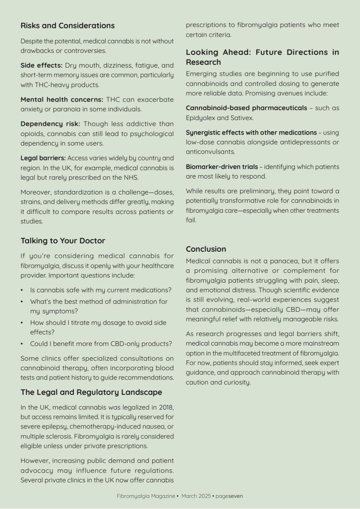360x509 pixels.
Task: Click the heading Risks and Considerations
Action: pos(68,26)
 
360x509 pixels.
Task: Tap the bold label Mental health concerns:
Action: pos(62,99)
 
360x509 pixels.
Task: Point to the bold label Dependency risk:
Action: pos(50,124)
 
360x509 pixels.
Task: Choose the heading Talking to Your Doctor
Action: pos(63,241)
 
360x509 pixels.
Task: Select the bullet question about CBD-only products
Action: pos(101,344)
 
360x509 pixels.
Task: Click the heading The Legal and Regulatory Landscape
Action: pos(91,392)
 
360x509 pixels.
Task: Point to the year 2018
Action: pos(166,407)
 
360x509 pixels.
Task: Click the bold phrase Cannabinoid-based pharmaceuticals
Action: pos(246,108)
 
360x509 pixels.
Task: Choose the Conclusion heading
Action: pos(206,249)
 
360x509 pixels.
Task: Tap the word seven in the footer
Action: pos(235,496)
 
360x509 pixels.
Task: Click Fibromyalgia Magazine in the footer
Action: pos(146,496)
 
